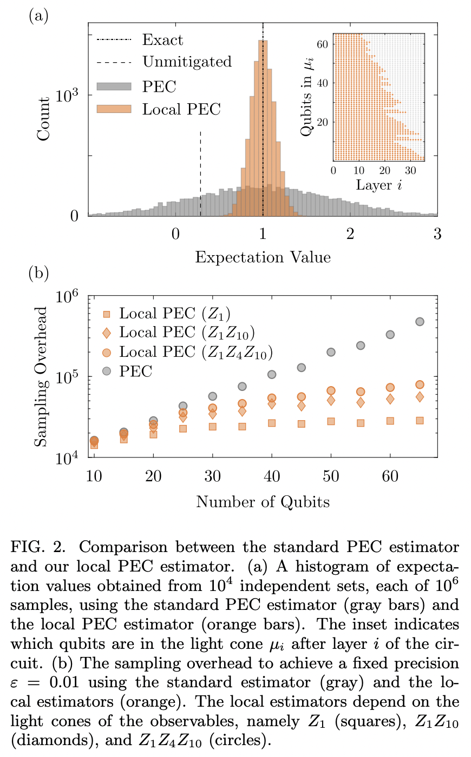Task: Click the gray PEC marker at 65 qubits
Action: (420, 322)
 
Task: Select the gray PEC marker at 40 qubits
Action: (272, 375)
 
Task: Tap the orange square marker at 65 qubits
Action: (420, 421)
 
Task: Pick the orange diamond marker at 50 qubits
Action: (331, 401)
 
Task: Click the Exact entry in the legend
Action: (162, 40)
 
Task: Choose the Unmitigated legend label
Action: (187, 62)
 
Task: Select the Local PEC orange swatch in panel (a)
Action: (114, 109)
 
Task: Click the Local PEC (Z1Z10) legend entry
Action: (187, 333)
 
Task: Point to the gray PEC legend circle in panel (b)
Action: (107, 371)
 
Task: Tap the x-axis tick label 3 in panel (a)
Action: (437, 234)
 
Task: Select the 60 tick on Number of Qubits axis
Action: (390, 476)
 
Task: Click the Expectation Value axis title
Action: (263, 257)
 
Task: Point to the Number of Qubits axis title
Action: (263, 502)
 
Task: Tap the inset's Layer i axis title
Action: (378, 185)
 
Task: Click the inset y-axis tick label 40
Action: (322, 83)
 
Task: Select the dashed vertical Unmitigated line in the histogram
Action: (200, 173)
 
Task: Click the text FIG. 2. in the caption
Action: (38, 547)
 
